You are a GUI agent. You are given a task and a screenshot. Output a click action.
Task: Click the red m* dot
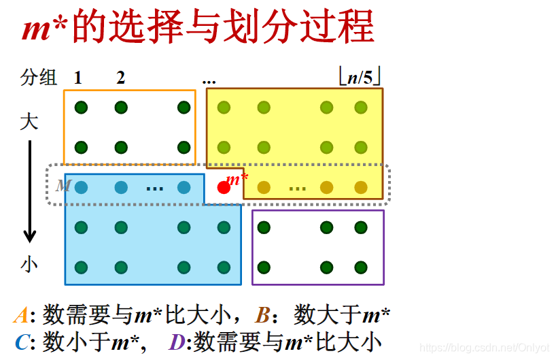point(224,188)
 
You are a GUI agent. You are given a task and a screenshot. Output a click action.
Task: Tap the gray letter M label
point(63,185)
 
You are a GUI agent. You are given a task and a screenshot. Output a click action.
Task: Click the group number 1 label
point(79,78)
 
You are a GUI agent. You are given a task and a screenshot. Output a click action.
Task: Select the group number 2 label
point(120,78)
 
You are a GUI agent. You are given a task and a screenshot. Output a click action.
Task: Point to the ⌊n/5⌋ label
point(360,77)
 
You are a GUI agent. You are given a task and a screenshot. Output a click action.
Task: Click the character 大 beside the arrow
point(29,122)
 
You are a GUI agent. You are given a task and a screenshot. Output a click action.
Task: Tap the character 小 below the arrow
point(29,264)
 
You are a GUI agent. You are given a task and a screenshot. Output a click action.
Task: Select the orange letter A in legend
point(20,315)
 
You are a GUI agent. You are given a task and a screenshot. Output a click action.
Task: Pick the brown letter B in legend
point(263,315)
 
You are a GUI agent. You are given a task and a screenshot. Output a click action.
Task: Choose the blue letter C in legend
point(22,342)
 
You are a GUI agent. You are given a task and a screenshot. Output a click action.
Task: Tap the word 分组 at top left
point(39,78)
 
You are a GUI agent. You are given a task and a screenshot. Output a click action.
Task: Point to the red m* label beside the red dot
point(237,180)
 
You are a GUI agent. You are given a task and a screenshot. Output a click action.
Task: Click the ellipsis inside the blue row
point(155,187)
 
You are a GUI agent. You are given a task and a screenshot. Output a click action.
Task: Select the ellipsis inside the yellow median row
point(297,187)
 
